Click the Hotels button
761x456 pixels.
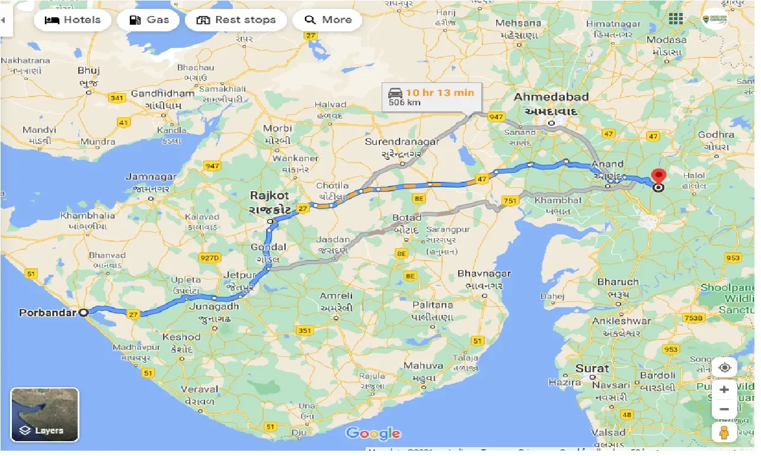[x=72, y=20]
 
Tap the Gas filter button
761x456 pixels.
[x=151, y=20]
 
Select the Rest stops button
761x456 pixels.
[x=236, y=20]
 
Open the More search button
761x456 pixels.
[x=328, y=20]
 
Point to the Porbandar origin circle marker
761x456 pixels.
[x=84, y=312]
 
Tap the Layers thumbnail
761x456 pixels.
[x=44, y=415]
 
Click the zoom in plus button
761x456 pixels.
[x=724, y=390]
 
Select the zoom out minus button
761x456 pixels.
[x=724, y=409]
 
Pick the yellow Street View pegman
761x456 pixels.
[x=724, y=433]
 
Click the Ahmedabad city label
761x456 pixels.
[x=551, y=97]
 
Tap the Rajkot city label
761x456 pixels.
[x=269, y=195]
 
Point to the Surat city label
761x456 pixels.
[x=592, y=368]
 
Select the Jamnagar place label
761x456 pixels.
[x=151, y=176]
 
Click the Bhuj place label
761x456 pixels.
[x=89, y=70]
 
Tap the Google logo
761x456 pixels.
[x=373, y=433]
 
